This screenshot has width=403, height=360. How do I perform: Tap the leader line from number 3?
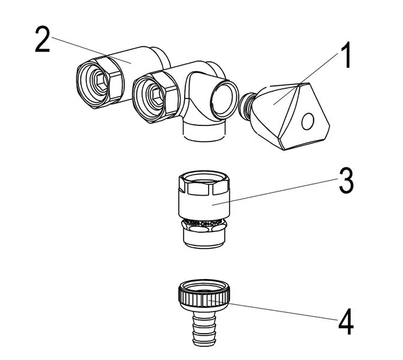point(276,191)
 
